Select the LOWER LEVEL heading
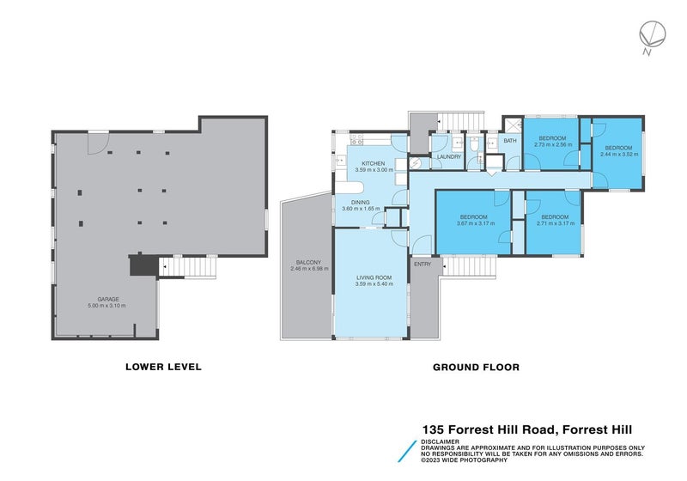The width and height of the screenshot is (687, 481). click(x=163, y=367)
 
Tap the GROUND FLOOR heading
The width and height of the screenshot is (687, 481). click(x=476, y=367)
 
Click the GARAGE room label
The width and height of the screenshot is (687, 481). click(x=107, y=300)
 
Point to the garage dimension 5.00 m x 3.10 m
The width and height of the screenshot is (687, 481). click(x=107, y=306)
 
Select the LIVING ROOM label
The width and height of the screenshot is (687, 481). click(x=374, y=277)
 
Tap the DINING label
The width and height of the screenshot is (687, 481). click(x=360, y=203)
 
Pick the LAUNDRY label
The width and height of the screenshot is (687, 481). click(x=449, y=157)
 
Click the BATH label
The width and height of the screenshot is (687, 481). click(x=510, y=141)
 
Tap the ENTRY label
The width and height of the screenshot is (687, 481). click(x=423, y=265)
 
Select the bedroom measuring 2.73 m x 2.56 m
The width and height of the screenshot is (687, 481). click(x=552, y=141)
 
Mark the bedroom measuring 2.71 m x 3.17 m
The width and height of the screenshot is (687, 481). click(x=554, y=220)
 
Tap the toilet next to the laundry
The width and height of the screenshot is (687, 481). click(x=474, y=155)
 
